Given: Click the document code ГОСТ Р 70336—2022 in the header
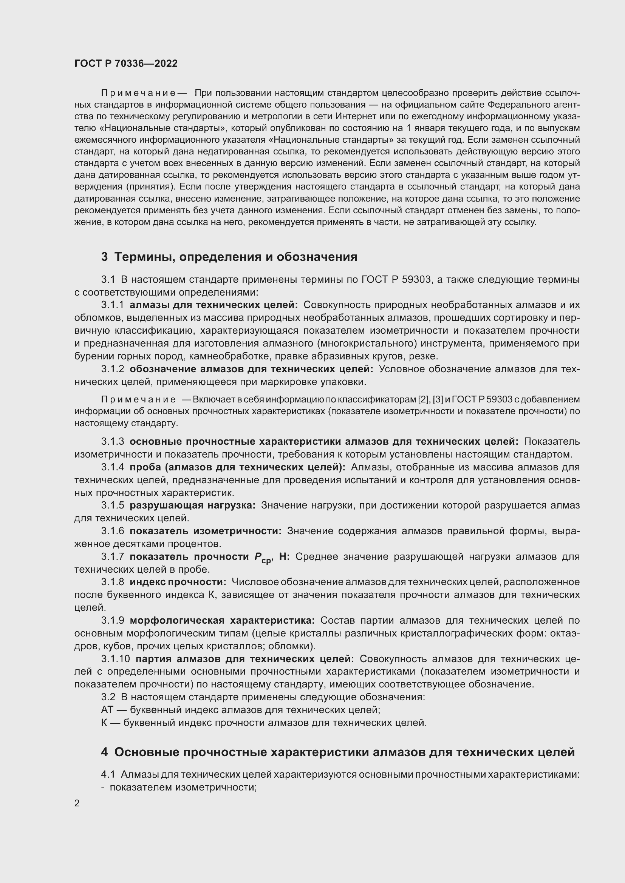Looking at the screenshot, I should (126, 64).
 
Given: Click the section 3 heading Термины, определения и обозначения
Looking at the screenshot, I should (229, 256).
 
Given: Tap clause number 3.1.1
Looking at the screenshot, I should (112, 305).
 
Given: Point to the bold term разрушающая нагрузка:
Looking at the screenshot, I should (192, 505).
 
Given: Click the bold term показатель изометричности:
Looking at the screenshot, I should (206, 531).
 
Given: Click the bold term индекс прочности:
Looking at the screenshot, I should (178, 582).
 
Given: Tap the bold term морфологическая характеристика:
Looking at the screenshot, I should (222, 620).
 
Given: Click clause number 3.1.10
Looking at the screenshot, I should (116, 659).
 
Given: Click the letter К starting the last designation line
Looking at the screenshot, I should (104, 723).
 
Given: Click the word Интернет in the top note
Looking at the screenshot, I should (353, 116).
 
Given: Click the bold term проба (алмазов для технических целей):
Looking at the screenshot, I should (237, 467).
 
